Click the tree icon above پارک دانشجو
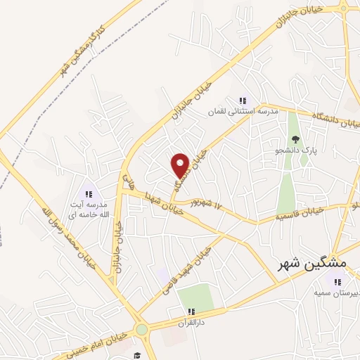(x=295, y=139)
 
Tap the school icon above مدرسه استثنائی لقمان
(x=243, y=101)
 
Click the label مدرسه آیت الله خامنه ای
(x=89, y=208)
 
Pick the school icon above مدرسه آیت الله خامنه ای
(x=89, y=193)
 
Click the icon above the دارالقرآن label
(x=190, y=311)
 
